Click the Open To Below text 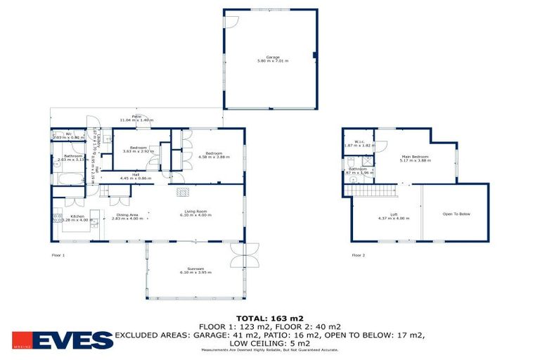coord(456,213)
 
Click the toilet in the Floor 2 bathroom coord(351,179)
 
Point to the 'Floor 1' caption coord(58,255)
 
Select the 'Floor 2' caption coord(359,255)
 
